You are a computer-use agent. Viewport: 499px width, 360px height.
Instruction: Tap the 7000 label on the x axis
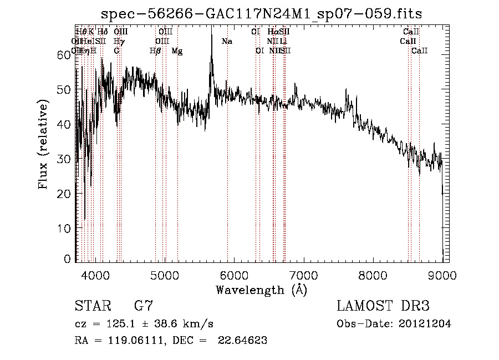(303, 274)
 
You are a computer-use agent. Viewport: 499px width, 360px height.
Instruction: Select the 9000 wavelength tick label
(442, 274)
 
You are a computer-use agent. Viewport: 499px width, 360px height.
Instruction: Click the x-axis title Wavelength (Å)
(261, 290)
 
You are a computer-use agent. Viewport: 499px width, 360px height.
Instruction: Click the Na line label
(227, 42)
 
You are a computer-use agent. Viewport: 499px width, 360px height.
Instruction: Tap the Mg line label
(177, 51)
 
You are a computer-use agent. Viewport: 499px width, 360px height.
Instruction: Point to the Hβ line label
(155, 51)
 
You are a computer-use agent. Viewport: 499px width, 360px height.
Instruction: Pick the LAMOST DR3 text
(383, 306)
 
